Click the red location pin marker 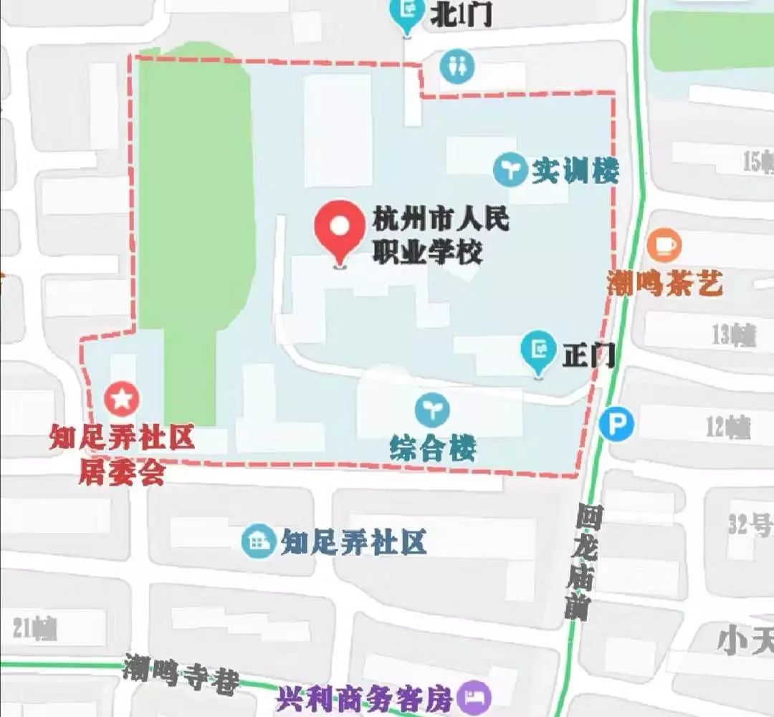(340, 228)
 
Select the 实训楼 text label (575, 170)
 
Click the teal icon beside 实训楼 (510, 170)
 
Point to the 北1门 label (461, 14)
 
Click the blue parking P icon (616, 425)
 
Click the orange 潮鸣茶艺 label (665, 284)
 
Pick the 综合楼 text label (433, 449)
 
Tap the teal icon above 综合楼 (433, 410)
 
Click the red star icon (122, 398)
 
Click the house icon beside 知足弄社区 (258, 542)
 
